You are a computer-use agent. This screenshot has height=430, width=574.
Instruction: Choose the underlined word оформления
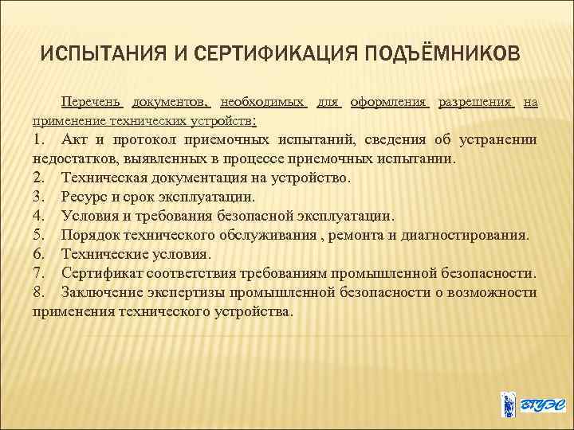coord(390,103)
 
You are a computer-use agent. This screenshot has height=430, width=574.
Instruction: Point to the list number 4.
coord(37,216)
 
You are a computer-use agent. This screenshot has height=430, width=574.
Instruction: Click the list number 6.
coord(37,254)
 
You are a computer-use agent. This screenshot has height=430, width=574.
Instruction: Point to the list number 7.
coord(37,273)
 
